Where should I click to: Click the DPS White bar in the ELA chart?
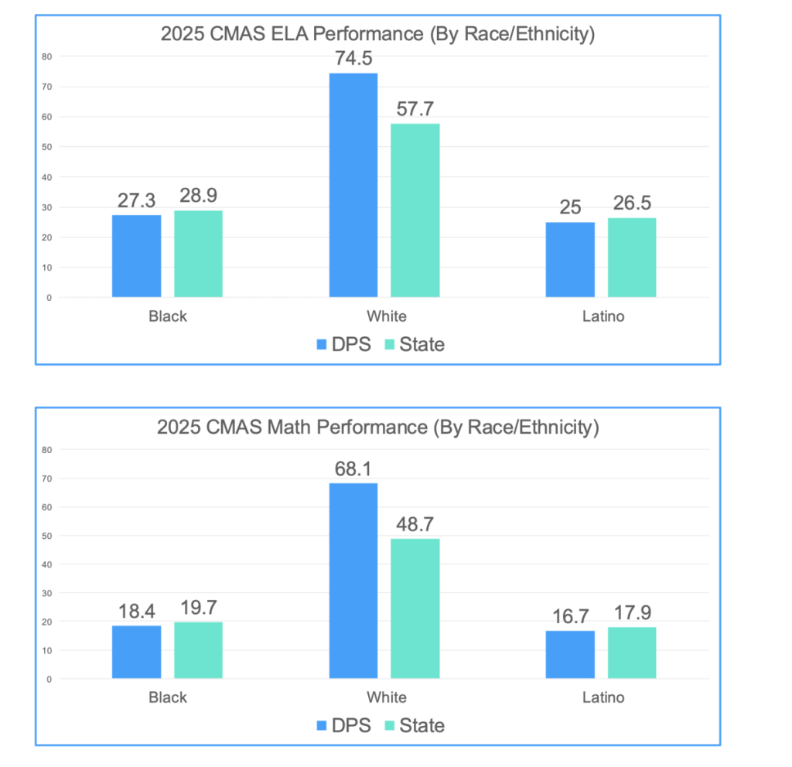pyautogui.click(x=353, y=186)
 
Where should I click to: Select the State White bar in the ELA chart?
pyautogui.click(x=415, y=210)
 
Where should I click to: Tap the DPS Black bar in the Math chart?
pyautogui.click(x=137, y=652)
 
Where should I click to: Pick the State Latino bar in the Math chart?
pyautogui.click(x=632, y=653)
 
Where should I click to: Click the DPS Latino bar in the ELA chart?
pyautogui.click(x=570, y=260)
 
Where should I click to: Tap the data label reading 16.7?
pyautogui.click(x=570, y=616)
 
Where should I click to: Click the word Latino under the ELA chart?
pyautogui.click(x=603, y=316)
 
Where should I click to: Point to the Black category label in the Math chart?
pyautogui.click(x=168, y=697)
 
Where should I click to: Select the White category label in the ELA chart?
pyautogui.click(x=387, y=316)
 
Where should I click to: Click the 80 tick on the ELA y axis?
pyautogui.click(x=47, y=56)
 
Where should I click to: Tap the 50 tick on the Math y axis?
pyautogui.click(x=47, y=536)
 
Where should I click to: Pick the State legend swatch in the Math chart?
pyautogui.click(x=388, y=726)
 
